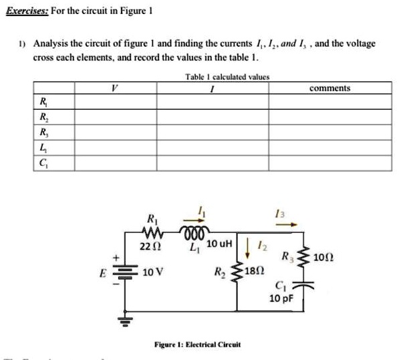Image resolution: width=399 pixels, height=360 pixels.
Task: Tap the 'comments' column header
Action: pyautogui.click(x=329, y=88)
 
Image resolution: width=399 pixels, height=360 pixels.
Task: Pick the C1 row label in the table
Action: pyautogui.click(x=43, y=163)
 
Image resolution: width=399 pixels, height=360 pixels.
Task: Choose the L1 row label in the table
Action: pyautogui.click(x=43, y=149)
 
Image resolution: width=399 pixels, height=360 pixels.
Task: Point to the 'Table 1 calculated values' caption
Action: pyautogui.click(x=227, y=77)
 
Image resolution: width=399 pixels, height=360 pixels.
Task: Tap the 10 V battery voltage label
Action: pyautogui.click(x=152, y=274)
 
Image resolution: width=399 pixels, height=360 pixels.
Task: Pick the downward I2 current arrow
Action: pyautogui.click(x=259, y=248)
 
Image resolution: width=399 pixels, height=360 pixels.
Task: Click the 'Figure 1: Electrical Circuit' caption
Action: pyautogui.click(x=197, y=345)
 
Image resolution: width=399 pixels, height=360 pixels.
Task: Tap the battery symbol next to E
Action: pyautogui.click(x=124, y=274)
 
